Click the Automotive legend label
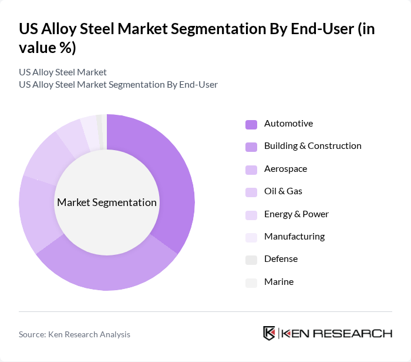(288, 124)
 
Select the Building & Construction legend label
(312, 146)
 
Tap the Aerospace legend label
(285, 169)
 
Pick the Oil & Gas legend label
(283, 191)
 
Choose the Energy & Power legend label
(296, 214)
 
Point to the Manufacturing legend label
(294, 237)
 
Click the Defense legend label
(281, 259)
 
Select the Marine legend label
(278, 282)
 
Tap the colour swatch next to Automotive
(251, 124)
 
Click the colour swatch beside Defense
(251, 260)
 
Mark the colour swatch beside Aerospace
(251, 170)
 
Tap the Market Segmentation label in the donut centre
(107, 202)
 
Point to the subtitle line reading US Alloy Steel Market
(63, 72)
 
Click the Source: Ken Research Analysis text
(75, 334)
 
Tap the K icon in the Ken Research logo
(269, 333)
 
